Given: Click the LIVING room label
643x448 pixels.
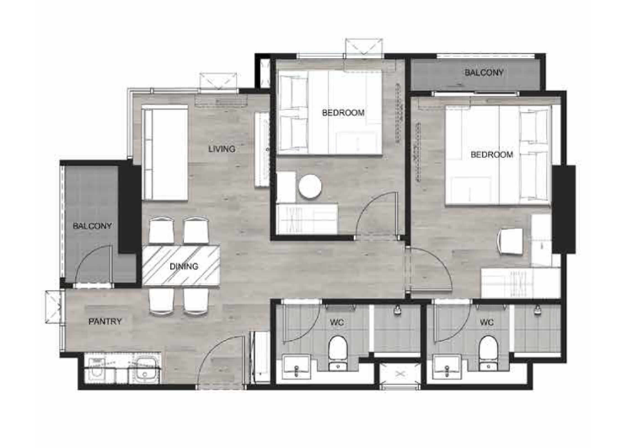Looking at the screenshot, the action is (x=222, y=148).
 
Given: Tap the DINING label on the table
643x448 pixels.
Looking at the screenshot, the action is (x=184, y=267).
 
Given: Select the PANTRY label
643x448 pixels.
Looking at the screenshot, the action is (x=105, y=321).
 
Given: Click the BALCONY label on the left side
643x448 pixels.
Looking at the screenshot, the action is (x=92, y=226).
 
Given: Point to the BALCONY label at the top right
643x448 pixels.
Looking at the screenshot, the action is (x=484, y=73).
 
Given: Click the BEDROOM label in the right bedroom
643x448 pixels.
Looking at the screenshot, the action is (x=491, y=154).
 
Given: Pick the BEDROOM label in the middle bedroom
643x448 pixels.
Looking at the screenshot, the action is (x=343, y=112).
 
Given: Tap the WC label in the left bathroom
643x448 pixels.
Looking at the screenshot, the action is (x=337, y=323).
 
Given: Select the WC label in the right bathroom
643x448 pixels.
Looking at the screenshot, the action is (x=487, y=323).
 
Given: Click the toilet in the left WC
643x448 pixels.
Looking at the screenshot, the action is (x=338, y=354).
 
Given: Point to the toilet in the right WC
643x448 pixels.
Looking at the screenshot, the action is (x=488, y=354).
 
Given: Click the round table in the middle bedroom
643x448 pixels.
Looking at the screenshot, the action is (x=309, y=186).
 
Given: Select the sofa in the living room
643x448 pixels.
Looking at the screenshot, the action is (x=165, y=153).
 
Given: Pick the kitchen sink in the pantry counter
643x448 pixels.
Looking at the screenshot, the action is (x=145, y=370).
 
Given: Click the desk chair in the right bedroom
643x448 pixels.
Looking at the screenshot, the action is (x=510, y=241).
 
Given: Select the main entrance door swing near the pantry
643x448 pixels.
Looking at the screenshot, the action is (x=220, y=359).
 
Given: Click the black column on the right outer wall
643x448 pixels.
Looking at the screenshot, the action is (x=564, y=209).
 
